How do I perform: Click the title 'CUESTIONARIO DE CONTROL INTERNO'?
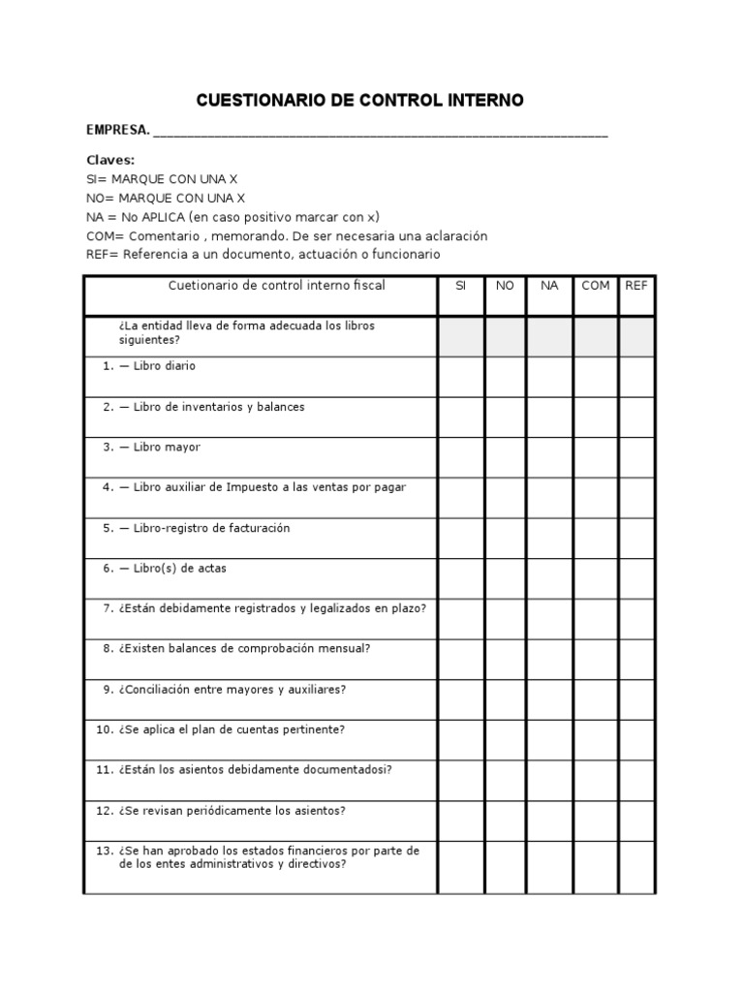(360, 100)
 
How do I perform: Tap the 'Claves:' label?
(110, 160)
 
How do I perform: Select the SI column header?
(461, 286)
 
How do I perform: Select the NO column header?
(505, 286)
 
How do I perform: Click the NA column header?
(549, 286)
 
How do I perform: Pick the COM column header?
(595, 286)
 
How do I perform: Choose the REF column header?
(636, 286)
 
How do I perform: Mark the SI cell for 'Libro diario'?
(461, 376)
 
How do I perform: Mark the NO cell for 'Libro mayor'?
(505, 457)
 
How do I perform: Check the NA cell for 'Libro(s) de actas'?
(549, 578)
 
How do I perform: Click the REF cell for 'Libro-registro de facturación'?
(636, 538)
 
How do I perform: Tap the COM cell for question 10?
(595, 740)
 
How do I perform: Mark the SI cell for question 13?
(461, 866)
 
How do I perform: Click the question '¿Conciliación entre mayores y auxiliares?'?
(232, 689)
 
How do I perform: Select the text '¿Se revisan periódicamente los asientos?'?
(232, 810)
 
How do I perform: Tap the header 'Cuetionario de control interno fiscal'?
(277, 286)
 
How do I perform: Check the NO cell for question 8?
(505, 659)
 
